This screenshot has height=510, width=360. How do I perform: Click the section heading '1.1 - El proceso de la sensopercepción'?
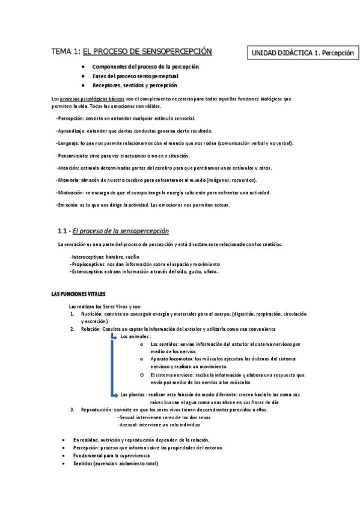pyautogui.click(x=113, y=231)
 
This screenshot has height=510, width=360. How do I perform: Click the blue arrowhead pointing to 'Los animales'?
pyautogui.click(x=117, y=337)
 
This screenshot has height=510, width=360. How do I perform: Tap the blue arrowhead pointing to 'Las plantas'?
pyautogui.click(x=117, y=395)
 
